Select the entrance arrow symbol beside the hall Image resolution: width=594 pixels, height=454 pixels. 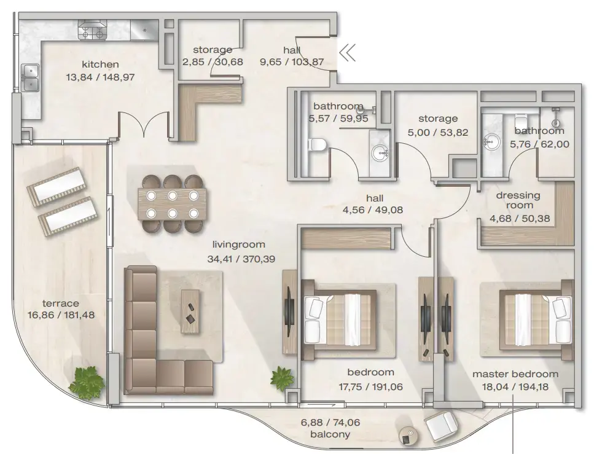347,54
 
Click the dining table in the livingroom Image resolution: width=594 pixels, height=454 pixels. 172,205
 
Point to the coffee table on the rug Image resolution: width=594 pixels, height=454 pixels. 190,311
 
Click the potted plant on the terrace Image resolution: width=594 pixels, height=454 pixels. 84,381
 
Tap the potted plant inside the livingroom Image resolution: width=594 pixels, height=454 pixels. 283,378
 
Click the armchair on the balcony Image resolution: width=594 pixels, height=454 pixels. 440,426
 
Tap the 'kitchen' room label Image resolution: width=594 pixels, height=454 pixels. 100,65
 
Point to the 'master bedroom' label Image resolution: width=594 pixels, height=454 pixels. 515,374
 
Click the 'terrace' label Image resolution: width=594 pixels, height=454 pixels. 60,303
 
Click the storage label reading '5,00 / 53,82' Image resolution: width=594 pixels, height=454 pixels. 437,131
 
